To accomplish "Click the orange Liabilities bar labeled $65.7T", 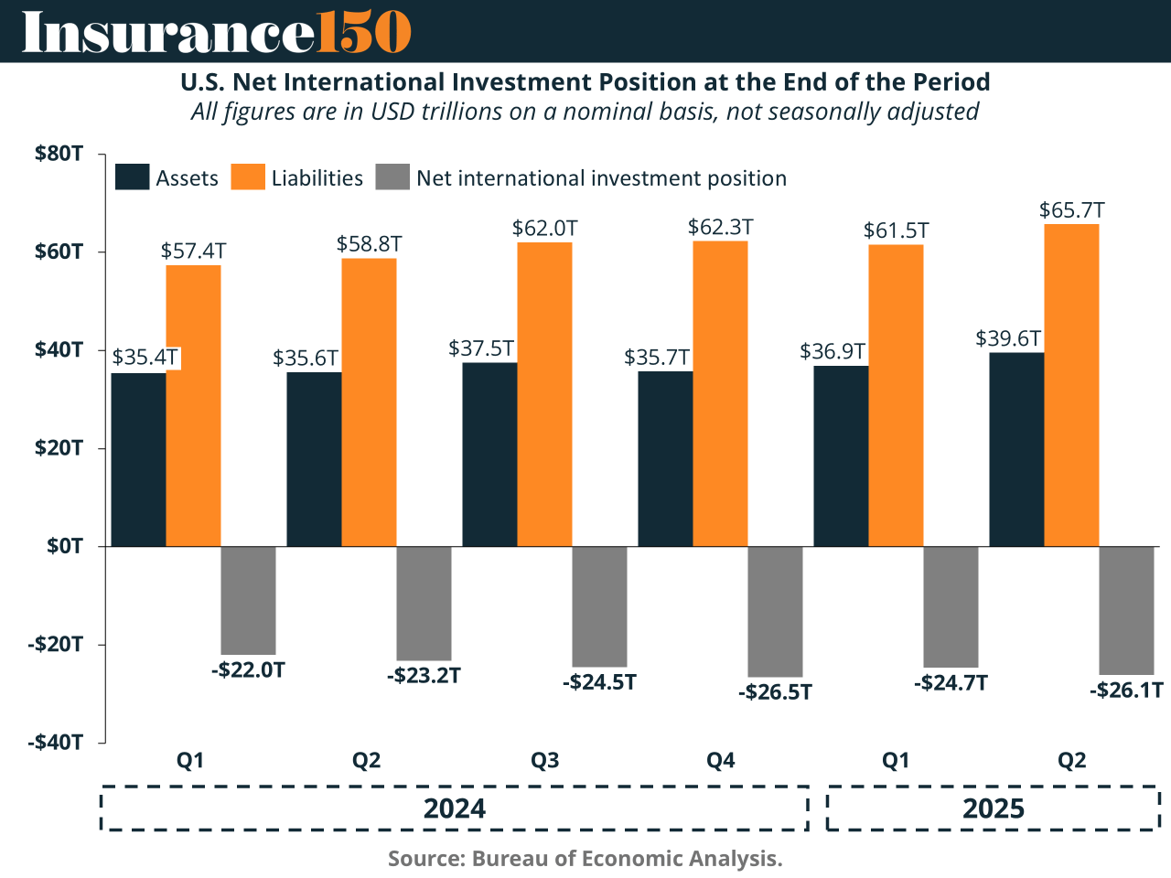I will (x=1071, y=385).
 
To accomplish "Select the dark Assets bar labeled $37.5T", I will (x=489, y=455).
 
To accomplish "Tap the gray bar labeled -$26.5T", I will (x=775, y=611).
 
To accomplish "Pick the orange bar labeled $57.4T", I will (x=193, y=405).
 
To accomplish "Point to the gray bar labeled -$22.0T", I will (x=248, y=600).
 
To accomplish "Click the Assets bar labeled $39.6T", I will (x=1016, y=449).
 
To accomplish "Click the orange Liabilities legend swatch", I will (x=247, y=177).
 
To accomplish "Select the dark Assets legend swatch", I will (x=132, y=177).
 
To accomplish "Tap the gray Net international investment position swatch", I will (x=392, y=177).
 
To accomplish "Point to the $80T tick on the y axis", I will (x=59, y=154).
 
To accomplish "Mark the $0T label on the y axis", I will (x=64, y=546).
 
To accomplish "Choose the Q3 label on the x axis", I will (x=544, y=761).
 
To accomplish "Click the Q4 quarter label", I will (x=720, y=761).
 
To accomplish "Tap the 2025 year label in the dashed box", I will (x=993, y=808).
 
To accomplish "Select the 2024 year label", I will (x=454, y=808).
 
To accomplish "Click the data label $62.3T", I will (x=720, y=227).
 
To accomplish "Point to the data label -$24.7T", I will (x=951, y=683).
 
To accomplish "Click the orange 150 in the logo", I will (x=363, y=33).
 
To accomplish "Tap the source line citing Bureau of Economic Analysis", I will (x=585, y=859).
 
